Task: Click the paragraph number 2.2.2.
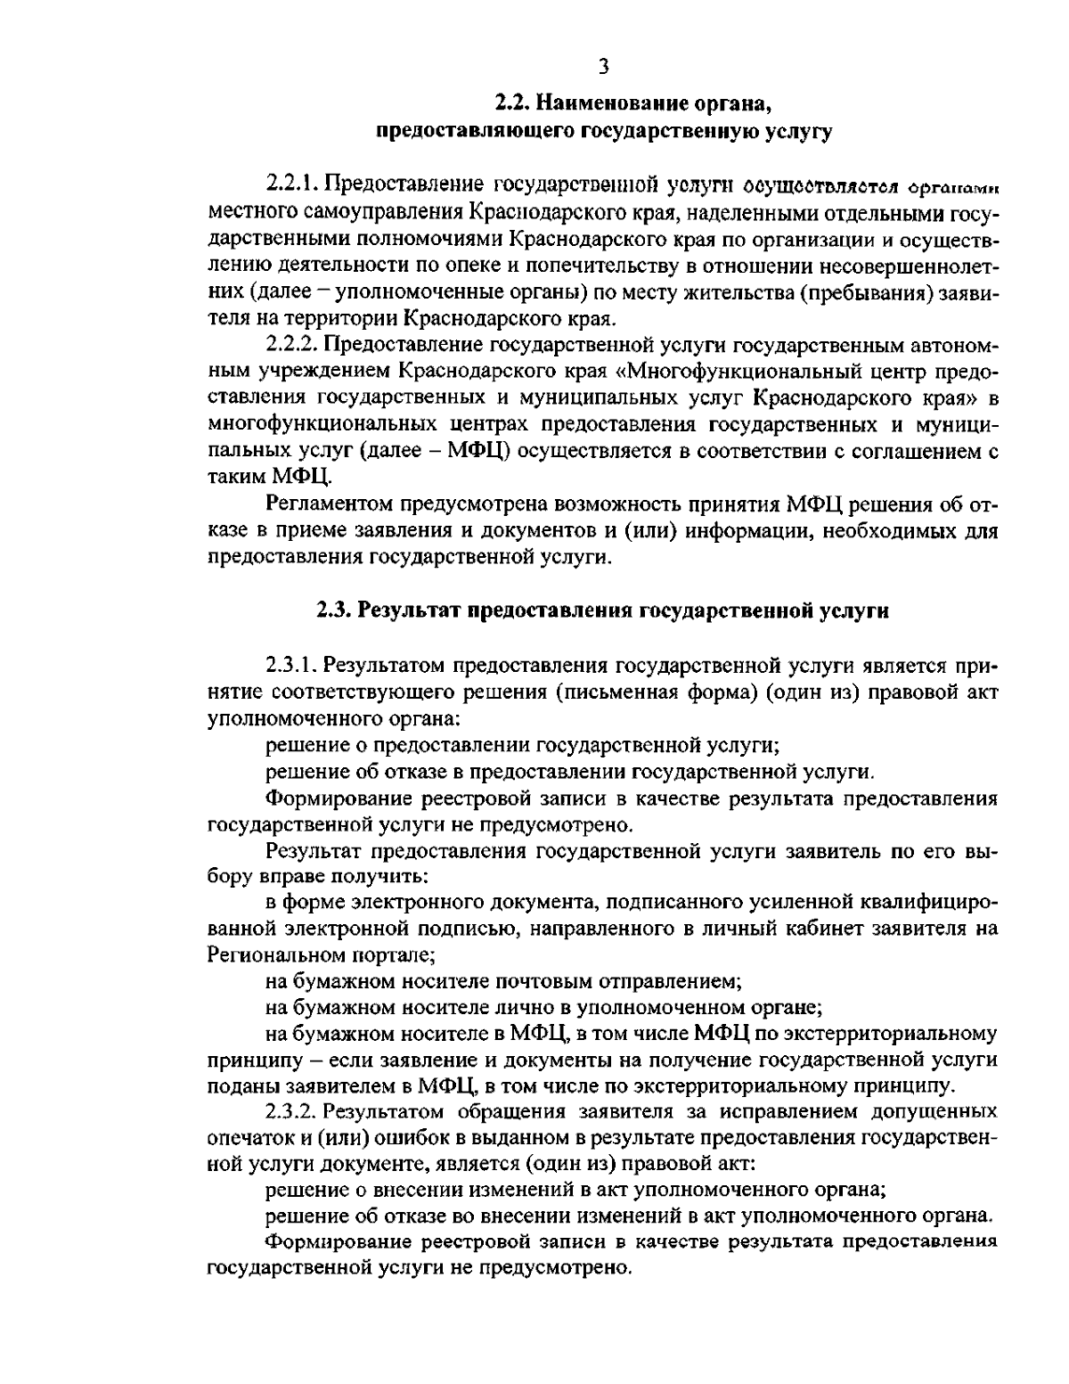click(293, 344)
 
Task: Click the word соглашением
click(904, 450)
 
